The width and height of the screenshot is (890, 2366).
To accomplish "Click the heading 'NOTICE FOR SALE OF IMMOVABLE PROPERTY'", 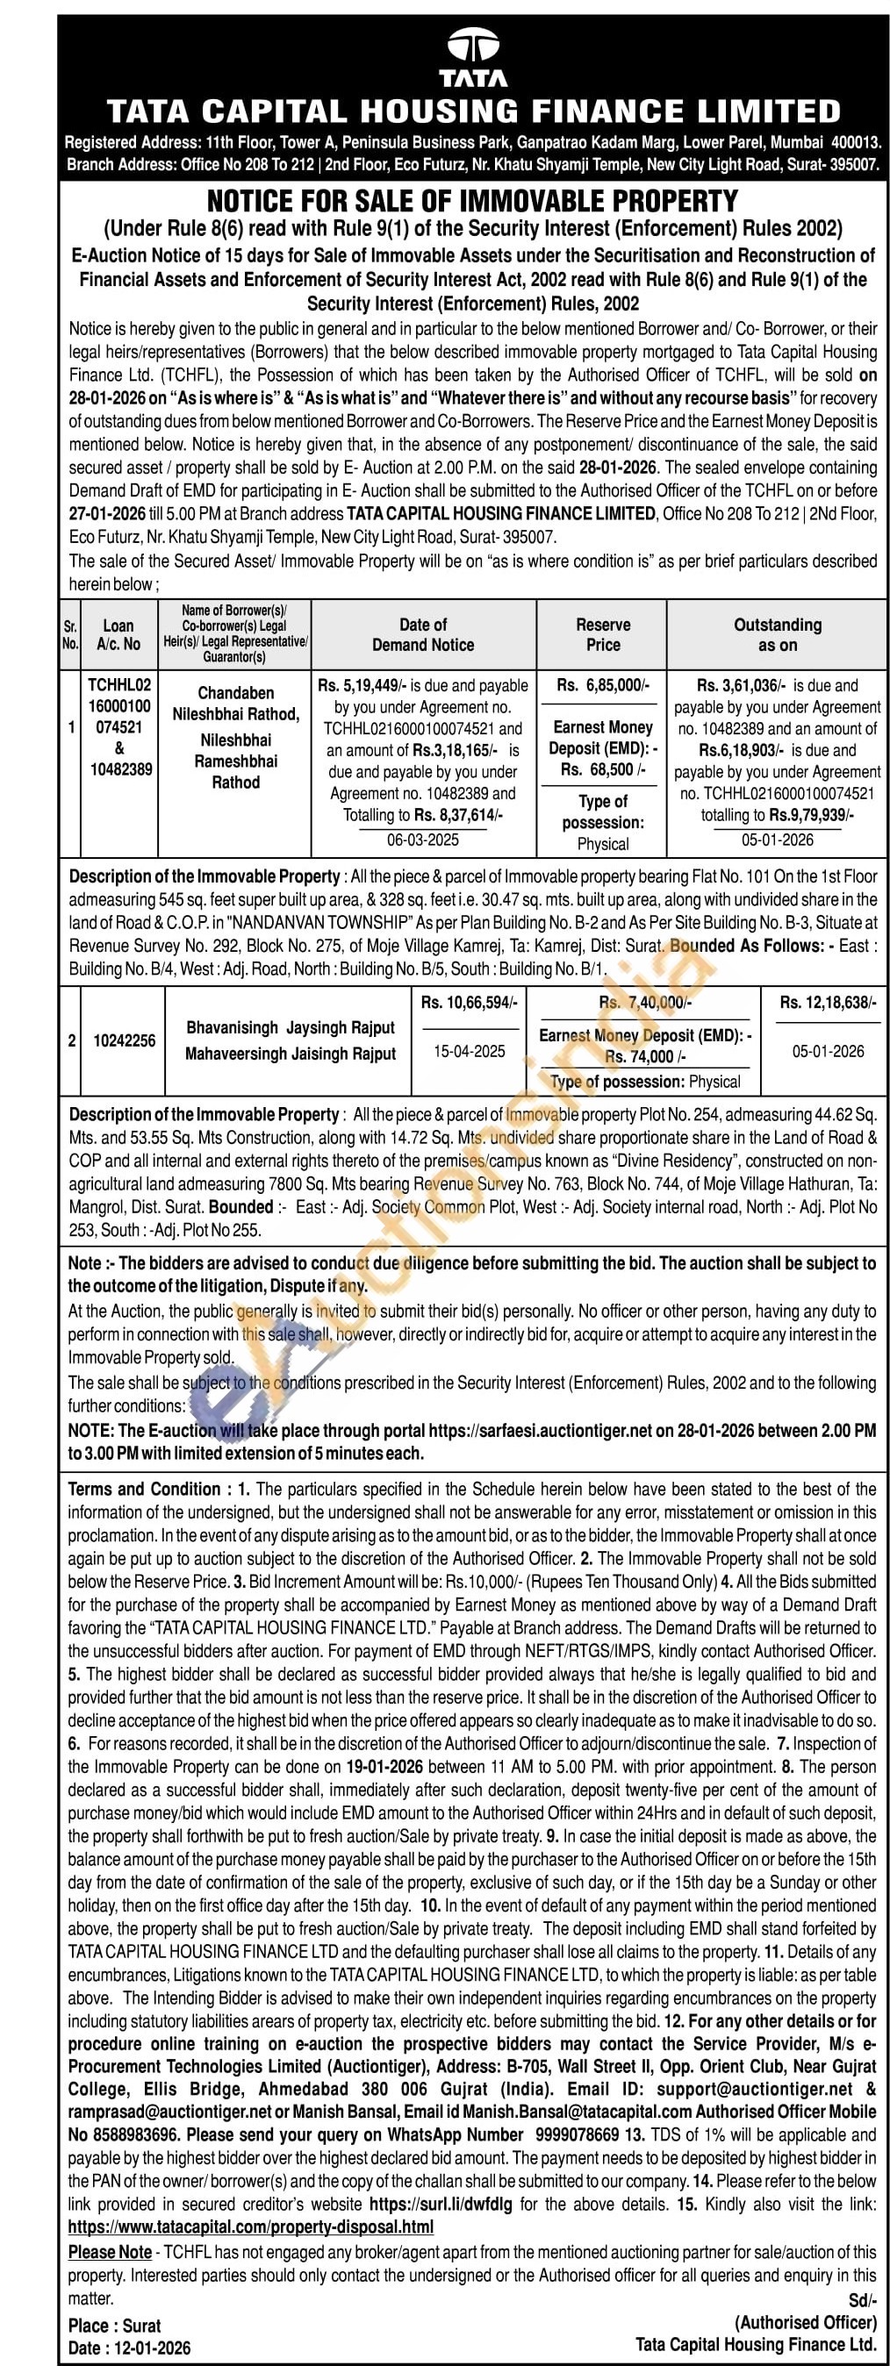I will tap(472, 201).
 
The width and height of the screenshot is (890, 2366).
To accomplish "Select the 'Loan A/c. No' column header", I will tap(118, 634).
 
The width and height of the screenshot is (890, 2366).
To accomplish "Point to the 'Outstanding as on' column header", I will tap(777, 634).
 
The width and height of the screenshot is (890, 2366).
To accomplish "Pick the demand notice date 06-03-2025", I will tap(422, 840).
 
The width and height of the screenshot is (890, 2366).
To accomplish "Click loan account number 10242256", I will tap(124, 1040).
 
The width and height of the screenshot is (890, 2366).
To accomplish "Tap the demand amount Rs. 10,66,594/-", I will tap(470, 1002).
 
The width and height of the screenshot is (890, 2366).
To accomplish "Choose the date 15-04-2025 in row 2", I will tap(470, 1051).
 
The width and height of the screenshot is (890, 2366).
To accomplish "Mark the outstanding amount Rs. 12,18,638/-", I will tap(828, 1002).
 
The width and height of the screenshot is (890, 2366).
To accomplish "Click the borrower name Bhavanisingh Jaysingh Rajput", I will tap(291, 1028).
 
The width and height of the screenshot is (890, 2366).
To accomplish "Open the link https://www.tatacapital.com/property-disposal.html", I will tap(251, 2227).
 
